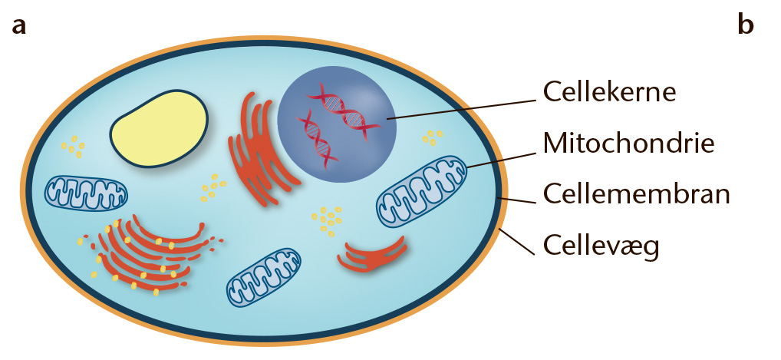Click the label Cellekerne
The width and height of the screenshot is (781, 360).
[x=609, y=92]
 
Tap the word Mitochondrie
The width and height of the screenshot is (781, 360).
[x=628, y=143]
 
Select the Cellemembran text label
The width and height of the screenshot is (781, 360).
[x=636, y=193]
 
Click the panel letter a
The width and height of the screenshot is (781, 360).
[x=19, y=26]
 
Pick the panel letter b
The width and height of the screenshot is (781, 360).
[x=746, y=24]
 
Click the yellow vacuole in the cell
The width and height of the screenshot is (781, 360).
[x=158, y=129]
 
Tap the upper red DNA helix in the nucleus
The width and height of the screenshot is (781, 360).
[x=344, y=111]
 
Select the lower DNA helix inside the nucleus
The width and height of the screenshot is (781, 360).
[x=318, y=140]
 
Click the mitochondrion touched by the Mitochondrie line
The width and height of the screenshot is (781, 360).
[x=421, y=190]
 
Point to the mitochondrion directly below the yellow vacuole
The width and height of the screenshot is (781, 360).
[x=86, y=193]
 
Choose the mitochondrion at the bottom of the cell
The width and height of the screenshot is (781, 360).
[x=263, y=278]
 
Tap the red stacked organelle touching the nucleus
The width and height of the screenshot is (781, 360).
[x=259, y=150]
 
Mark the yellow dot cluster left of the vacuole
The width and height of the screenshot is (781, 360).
[x=73, y=147]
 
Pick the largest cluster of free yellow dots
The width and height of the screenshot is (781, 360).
[x=327, y=221]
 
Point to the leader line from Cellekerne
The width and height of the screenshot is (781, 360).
[x=461, y=110]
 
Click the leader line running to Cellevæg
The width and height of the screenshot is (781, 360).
[x=517, y=241]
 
